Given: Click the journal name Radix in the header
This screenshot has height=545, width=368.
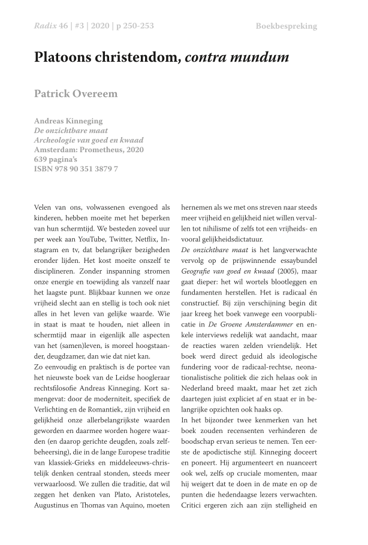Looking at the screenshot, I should (x=46, y=26).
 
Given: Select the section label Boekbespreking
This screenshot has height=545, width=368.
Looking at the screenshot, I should (x=286, y=26).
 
